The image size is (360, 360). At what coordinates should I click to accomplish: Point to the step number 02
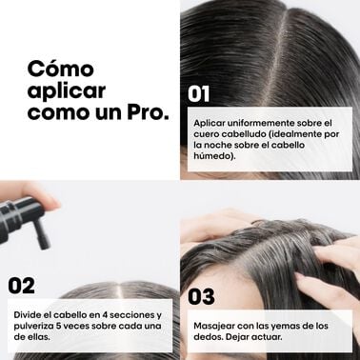22,285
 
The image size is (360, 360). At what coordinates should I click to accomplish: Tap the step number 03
201,296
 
